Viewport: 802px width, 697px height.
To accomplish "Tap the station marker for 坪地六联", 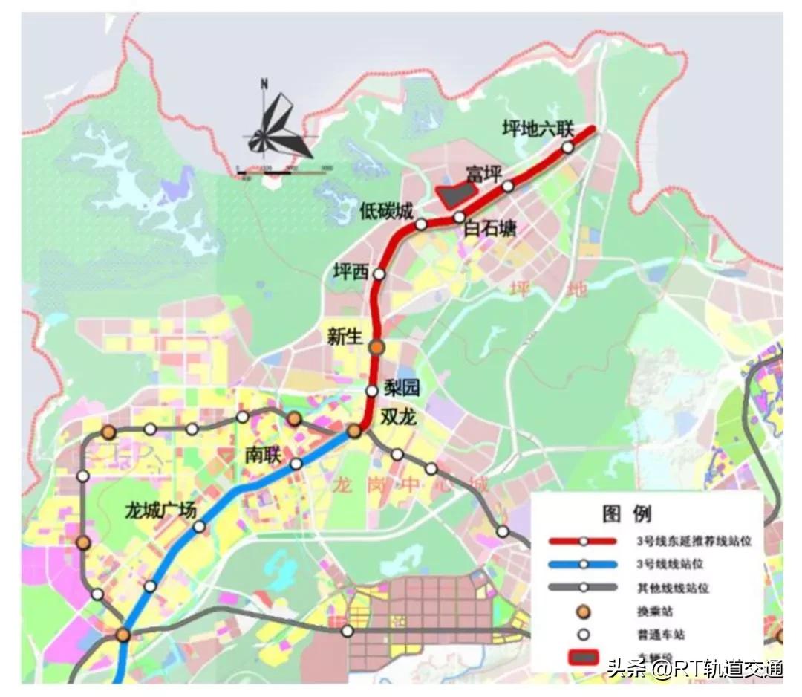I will pos(568,147).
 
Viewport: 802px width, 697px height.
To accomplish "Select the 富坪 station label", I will pos(484,174).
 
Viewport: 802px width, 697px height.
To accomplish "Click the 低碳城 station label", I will pos(385,211).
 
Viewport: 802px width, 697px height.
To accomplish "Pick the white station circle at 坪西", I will pos(379,274).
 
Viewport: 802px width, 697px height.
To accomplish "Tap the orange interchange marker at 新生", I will pos(377,346).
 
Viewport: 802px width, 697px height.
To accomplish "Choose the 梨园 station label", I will pos(402,387).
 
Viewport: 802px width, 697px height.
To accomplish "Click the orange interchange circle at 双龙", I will pos(354,431).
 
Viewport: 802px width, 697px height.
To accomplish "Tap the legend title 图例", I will pos(627,513).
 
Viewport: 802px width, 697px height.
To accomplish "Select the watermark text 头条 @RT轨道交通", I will pos(695,668).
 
